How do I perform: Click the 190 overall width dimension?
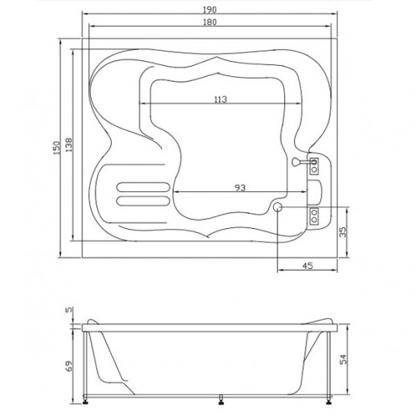210,10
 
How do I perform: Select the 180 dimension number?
210,22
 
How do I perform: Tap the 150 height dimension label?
56,148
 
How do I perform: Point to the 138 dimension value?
69,145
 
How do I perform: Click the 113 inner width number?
221,100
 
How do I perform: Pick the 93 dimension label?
240,188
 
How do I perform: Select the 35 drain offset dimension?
343,232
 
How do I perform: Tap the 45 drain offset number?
308,266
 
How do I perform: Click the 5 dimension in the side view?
69,310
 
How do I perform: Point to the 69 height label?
69,366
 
